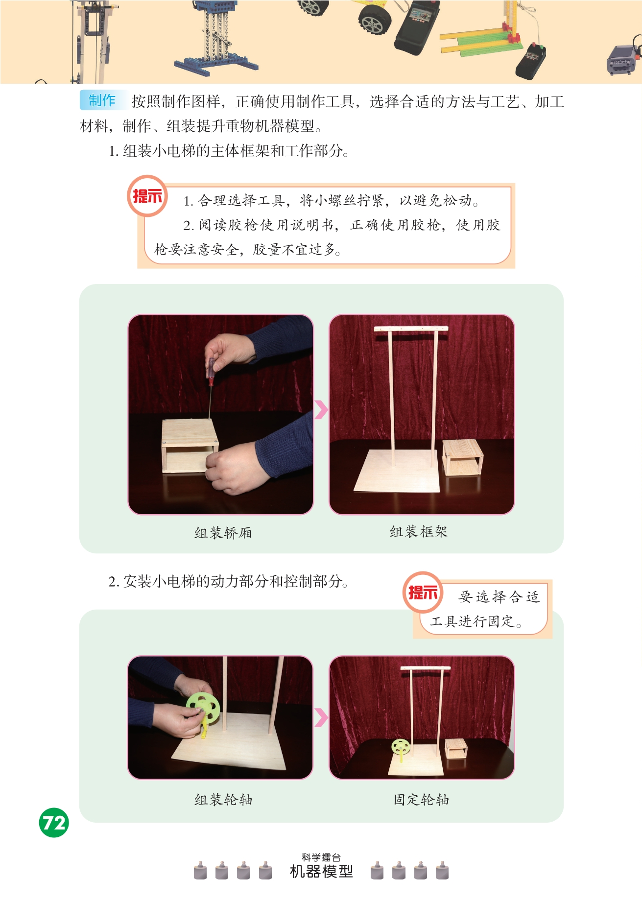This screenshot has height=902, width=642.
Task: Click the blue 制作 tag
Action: [102, 100]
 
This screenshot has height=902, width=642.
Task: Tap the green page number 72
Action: [54, 823]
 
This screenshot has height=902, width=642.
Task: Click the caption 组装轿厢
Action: [223, 533]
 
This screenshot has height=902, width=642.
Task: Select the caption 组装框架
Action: [419, 532]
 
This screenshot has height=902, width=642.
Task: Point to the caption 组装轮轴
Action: [223, 800]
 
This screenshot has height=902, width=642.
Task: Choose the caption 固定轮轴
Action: [421, 800]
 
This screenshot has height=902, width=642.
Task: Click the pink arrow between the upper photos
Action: [321, 410]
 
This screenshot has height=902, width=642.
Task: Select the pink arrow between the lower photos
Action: [321, 717]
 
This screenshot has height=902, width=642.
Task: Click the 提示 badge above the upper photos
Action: [147, 196]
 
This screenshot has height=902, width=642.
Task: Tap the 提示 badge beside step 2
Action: [423, 593]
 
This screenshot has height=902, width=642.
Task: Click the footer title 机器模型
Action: [321, 872]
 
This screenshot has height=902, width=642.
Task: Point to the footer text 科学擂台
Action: [321, 857]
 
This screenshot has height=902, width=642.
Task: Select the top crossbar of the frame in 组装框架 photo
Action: [411, 329]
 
